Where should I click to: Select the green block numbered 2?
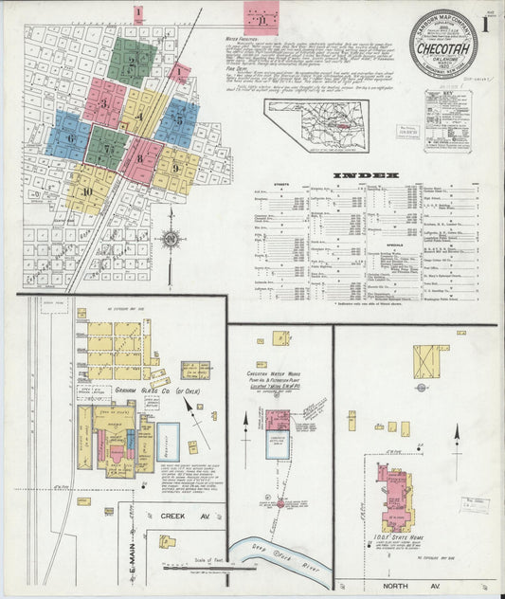133,63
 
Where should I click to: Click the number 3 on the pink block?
103,102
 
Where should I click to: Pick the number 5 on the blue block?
179,120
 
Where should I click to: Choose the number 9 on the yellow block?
176,168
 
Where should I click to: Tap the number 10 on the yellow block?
88,191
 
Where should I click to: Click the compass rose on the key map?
171,239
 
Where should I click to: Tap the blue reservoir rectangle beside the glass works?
168,442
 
